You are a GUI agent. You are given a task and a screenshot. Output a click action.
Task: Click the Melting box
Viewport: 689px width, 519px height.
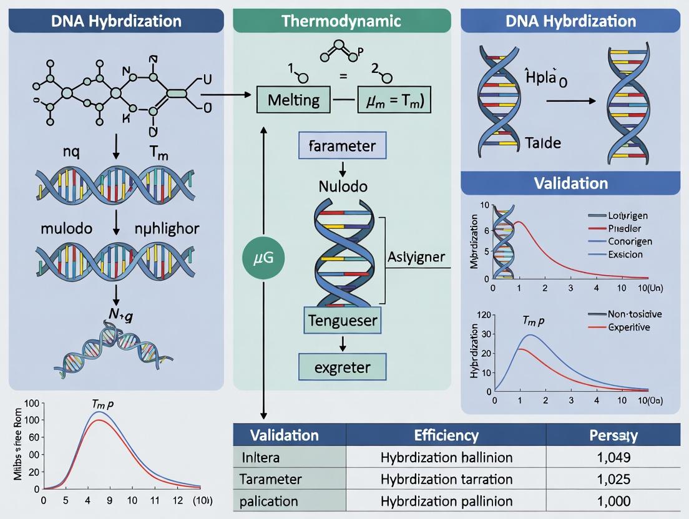coord(293,100)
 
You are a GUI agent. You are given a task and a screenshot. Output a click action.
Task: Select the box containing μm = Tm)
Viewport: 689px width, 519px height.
coord(394,100)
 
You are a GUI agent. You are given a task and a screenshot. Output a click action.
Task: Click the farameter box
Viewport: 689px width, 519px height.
coord(343,147)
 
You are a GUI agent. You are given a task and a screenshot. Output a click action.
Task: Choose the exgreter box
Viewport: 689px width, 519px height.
coord(343,366)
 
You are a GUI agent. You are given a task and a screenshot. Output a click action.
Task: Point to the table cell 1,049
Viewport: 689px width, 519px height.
coord(613,457)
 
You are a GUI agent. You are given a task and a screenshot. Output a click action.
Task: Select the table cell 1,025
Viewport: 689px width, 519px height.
coord(613,480)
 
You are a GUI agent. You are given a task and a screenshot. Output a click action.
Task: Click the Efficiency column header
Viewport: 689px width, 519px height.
coord(446,435)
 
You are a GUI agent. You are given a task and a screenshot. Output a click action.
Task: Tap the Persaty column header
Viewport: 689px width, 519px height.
coord(613,435)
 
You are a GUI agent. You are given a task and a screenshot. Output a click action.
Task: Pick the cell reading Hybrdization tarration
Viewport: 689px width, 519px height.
coord(446,480)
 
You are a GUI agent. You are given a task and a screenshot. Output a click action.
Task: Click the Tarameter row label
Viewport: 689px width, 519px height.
coord(271,480)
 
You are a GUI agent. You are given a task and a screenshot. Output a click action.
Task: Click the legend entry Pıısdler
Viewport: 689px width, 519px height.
coord(625,228)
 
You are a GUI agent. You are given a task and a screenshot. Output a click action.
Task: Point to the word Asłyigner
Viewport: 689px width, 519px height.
coord(416,257)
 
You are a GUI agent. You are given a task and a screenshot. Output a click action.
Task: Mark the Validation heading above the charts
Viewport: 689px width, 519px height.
coord(570,183)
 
